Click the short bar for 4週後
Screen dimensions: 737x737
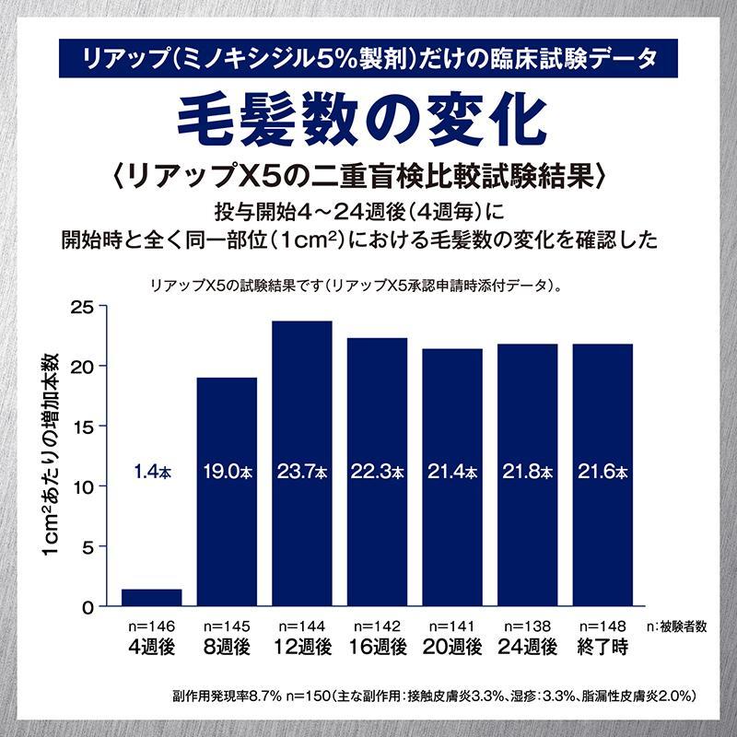tap(152, 597)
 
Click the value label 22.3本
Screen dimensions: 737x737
tap(377, 472)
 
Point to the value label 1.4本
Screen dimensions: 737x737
tap(152, 472)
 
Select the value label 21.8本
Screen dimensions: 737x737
tap(528, 472)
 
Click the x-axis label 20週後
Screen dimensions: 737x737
tap(452, 647)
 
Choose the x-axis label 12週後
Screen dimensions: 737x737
tap(302, 647)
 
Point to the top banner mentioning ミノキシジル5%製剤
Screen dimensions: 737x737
tap(368, 58)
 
